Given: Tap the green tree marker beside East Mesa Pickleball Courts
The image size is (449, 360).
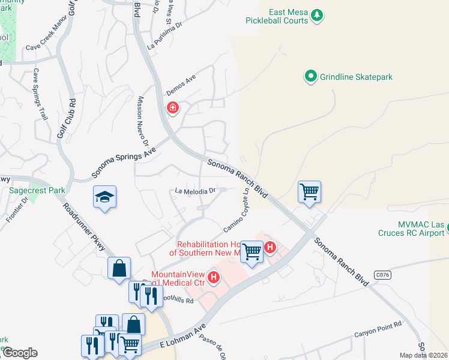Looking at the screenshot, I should tap(318, 16).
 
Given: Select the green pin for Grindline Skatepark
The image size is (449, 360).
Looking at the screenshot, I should tap(310, 76).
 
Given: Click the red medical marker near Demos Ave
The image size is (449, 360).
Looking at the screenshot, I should tap(172, 108).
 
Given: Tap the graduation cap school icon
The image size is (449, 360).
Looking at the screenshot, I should tap(104, 197).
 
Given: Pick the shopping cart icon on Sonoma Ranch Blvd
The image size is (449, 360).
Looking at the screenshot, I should tap(309, 192).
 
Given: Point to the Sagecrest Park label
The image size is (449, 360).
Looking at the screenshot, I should tap(37, 190).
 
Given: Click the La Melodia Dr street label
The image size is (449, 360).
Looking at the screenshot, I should tap(195, 191).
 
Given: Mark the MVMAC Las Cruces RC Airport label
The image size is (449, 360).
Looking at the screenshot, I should tap(412, 229).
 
